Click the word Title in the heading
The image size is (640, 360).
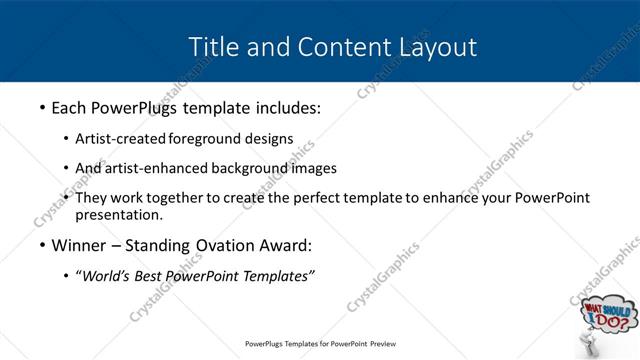(213, 46)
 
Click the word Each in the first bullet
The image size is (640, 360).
(71, 105)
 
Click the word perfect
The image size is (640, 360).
(337, 198)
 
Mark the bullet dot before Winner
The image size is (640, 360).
(41, 246)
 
